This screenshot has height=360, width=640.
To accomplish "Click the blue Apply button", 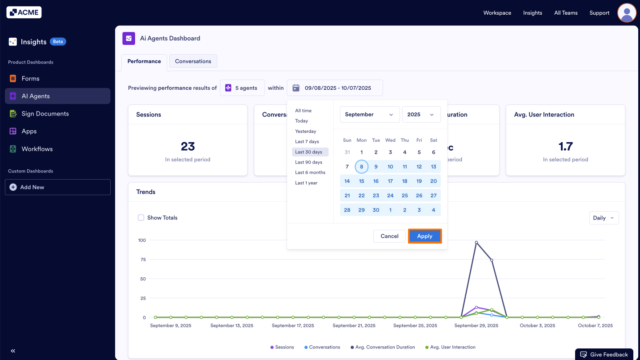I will (x=424, y=236).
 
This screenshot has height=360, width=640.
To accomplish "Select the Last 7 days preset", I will (x=307, y=141).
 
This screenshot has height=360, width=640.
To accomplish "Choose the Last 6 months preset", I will (x=310, y=172).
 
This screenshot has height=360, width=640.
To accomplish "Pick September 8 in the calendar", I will (x=362, y=167).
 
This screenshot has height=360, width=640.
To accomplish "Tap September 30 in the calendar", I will (x=376, y=210).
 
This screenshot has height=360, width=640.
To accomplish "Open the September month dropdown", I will (x=369, y=114).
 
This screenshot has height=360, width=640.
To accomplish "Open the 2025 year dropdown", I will (x=421, y=114).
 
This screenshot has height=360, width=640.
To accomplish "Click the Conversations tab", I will (x=193, y=61).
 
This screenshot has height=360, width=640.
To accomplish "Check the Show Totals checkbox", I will (x=141, y=218).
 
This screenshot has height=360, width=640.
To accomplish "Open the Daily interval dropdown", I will (x=604, y=218).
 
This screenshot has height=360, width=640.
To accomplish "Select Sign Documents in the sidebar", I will (x=45, y=114).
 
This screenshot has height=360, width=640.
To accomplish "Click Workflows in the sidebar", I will (x=37, y=149).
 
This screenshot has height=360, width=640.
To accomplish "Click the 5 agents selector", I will (x=242, y=88).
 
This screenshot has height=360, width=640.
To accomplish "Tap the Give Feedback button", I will (x=604, y=354).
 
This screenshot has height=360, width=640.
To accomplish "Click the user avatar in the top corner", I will (x=627, y=13).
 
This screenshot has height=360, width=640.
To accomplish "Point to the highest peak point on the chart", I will (x=476, y=243).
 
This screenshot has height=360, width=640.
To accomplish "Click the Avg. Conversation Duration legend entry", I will (x=385, y=347).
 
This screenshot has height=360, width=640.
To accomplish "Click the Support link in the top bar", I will (x=599, y=13).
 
